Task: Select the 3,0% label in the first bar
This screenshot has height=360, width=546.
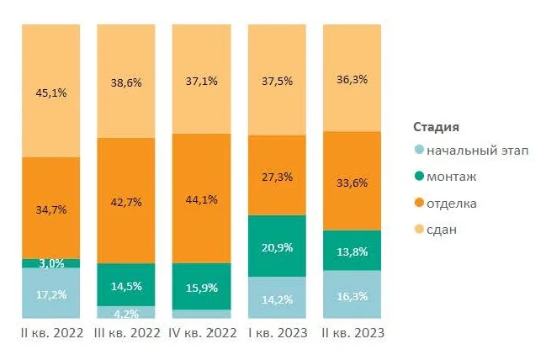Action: pyautogui.click(x=50, y=263)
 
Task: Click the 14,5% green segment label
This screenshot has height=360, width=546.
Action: pyautogui.click(x=125, y=286)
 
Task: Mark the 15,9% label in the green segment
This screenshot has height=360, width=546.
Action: pyautogui.click(x=201, y=287)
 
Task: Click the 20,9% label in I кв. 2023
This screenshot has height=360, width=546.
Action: pyautogui.click(x=276, y=246)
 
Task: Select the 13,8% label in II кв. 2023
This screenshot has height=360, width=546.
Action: pyautogui.click(x=352, y=251)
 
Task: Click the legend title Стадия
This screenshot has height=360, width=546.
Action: pyautogui.click(x=436, y=127)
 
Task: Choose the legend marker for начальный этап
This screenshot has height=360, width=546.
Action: pyautogui.click(x=419, y=151)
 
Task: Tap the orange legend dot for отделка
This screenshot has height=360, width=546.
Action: pyautogui.click(x=419, y=203)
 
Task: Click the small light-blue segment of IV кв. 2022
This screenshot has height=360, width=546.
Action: pyautogui.click(x=201, y=313)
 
